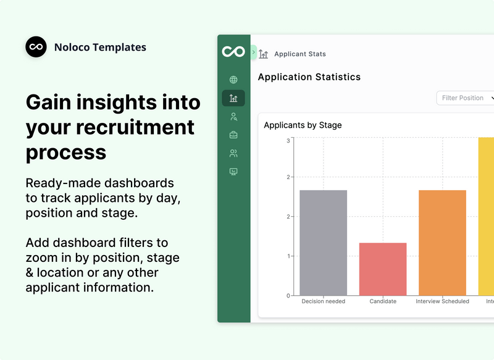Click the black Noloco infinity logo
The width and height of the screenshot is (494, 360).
[36, 47]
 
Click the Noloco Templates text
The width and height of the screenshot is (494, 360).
[100, 47]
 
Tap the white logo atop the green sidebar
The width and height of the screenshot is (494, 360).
[233, 51]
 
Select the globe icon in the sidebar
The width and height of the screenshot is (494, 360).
[233, 80]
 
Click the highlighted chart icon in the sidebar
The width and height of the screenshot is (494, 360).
[233, 98]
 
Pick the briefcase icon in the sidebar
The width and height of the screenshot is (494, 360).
[233, 135]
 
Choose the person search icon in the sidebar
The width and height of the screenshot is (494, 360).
[233, 116]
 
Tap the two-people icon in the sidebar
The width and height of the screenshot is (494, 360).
[233, 153]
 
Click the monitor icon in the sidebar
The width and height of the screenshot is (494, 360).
[233, 172]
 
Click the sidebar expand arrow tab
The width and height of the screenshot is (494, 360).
[254, 52]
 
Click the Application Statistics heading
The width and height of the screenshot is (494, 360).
[309, 77]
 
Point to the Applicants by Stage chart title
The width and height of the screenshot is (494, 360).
[303, 125]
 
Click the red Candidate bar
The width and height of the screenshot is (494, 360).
[383, 269]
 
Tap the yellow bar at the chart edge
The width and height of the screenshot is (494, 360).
[487, 216]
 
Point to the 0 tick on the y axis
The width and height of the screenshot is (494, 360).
[288, 296]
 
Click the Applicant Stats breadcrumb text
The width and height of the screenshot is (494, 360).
[299, 54]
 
